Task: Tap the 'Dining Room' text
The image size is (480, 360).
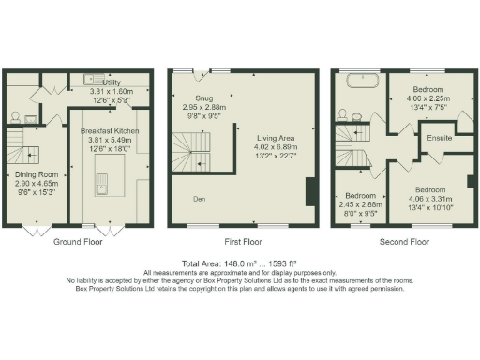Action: pos(36,174)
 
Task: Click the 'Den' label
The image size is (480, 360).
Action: pos(199,199)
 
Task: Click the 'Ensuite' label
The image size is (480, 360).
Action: pos(439,138)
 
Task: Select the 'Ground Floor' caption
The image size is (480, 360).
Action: pos(77,242)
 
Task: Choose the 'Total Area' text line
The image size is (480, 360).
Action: pos(240,263)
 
